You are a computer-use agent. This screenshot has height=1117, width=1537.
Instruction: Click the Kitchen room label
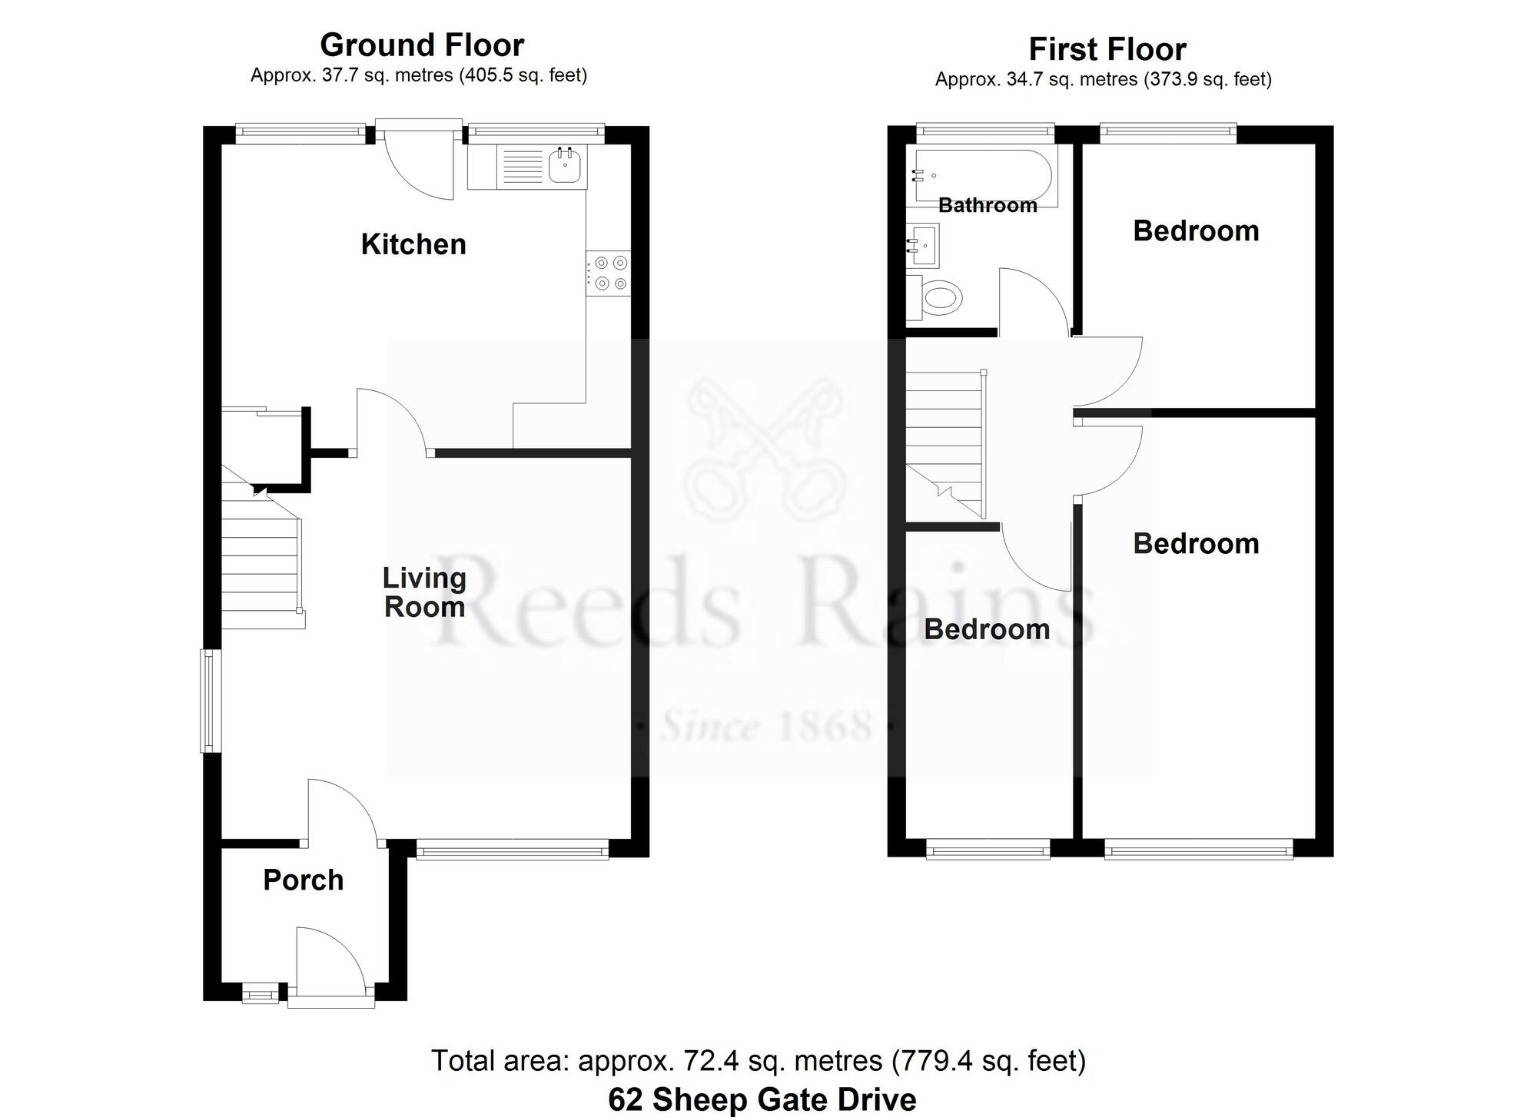[413, 244]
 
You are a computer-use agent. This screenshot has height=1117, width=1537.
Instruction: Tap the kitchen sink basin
[565, 166]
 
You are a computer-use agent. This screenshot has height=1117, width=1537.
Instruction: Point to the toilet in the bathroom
[938, 297]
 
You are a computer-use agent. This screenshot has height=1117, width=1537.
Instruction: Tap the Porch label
[303, 880]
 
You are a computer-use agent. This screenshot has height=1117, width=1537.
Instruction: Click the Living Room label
[424, 592]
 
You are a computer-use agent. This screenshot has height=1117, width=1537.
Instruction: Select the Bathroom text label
[988, 205]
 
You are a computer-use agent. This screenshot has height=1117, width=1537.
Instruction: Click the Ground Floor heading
[422, 45]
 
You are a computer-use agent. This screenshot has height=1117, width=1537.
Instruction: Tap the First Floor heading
[1107, 50]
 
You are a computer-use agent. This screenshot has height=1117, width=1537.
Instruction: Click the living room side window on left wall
[209, 701]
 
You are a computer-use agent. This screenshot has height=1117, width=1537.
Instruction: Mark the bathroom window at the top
[986, 131]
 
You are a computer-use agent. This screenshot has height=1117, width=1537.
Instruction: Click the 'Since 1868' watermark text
[766, 727]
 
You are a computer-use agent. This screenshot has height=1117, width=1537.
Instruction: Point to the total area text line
[759, 1061]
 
